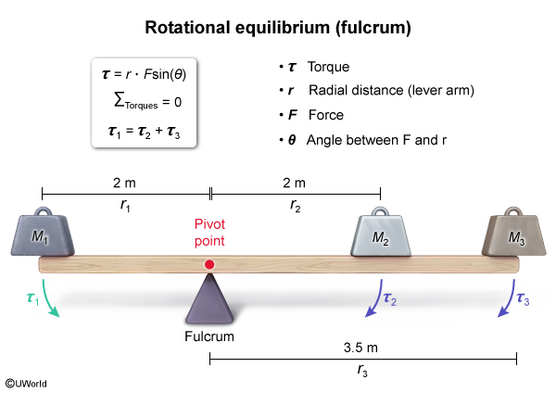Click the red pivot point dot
(210, 265)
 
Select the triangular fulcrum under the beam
(209, 301)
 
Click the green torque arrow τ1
(48, 301)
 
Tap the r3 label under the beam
(362, 371)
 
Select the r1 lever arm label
(125, 207)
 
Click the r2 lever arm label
(295, 207)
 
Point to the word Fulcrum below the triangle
(209, 336)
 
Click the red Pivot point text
(210, 233)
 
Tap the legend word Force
(324, 116)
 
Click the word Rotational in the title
(183, 29)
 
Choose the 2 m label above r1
(125, 183)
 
